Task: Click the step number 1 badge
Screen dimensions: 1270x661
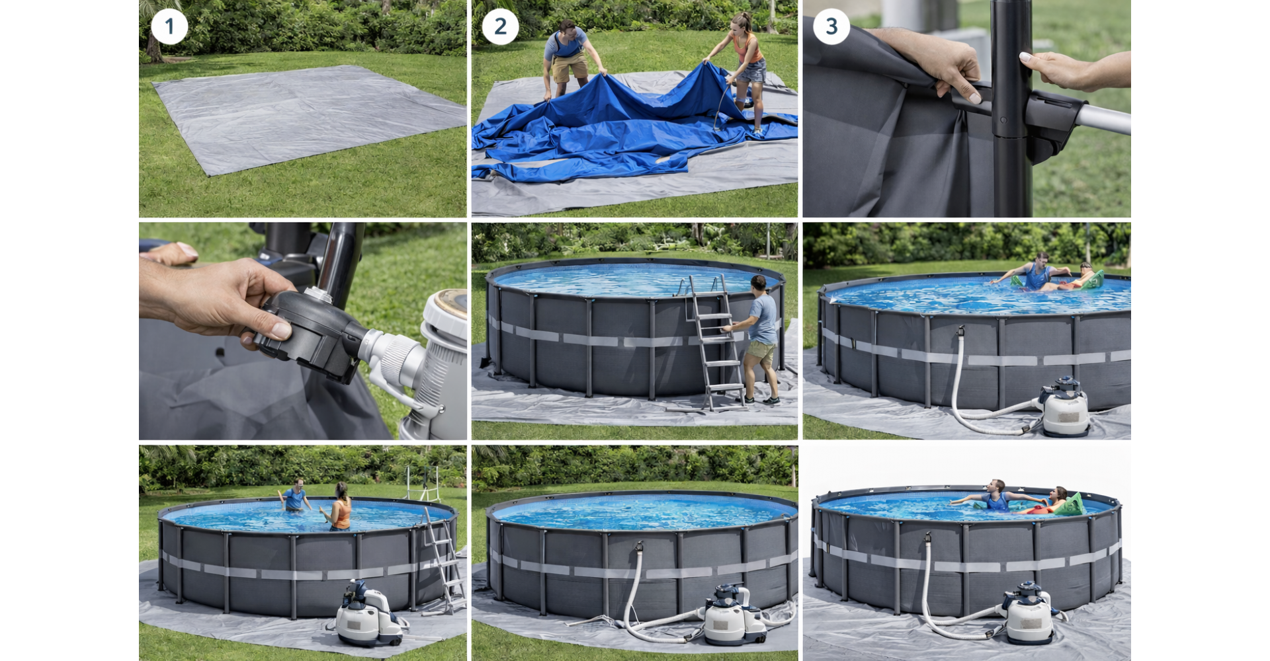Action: pos(169,26)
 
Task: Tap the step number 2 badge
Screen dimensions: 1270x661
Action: pos(501,26)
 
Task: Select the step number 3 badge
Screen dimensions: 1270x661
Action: pos(831,26)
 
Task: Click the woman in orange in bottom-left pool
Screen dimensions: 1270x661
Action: pos(339,506)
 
